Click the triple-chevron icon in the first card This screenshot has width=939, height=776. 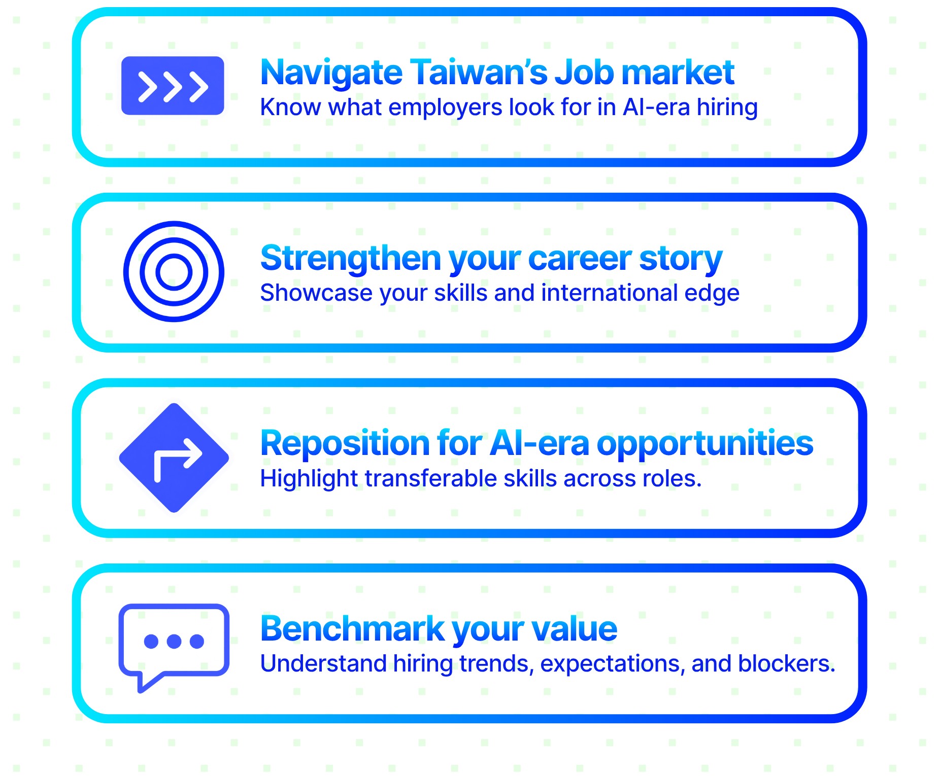[x=173, y=85]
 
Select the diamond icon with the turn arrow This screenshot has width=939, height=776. [x=174, y=457]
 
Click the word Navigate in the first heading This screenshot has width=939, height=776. [x=331, y=74]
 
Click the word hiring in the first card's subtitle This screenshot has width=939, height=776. [x=727, y=108]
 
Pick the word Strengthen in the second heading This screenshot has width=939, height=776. [x=351, y=258]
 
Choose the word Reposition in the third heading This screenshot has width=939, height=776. [x=345, y=444]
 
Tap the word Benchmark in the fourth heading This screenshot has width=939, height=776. [x=352, y=629]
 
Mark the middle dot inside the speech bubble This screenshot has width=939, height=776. [x=174, y=641]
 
